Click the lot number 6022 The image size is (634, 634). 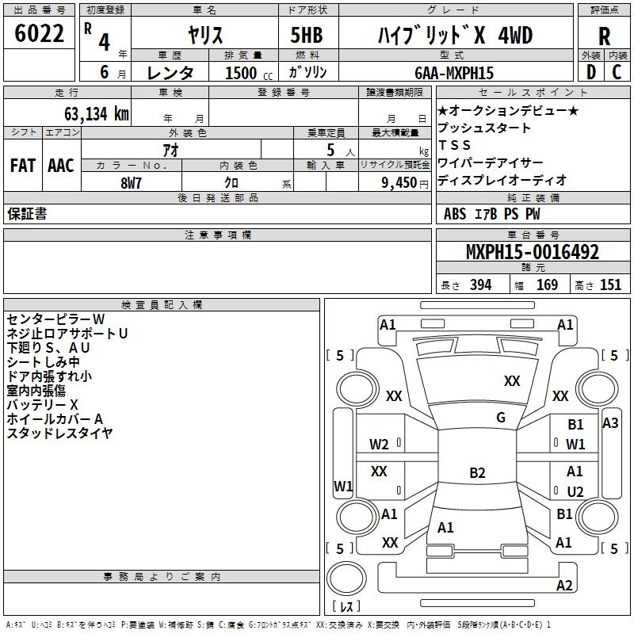40,35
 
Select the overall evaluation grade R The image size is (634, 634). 604,36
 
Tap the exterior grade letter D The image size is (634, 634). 590,72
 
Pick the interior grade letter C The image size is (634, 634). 617,72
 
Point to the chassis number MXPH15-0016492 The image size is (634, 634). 533,253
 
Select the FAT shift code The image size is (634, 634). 22,166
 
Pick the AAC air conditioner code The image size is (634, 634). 61,166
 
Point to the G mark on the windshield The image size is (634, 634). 500,418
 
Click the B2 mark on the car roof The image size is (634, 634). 477,473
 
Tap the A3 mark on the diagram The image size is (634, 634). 610,423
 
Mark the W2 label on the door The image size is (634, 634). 379,444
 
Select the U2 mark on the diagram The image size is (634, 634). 575,491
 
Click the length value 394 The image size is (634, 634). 480,285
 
